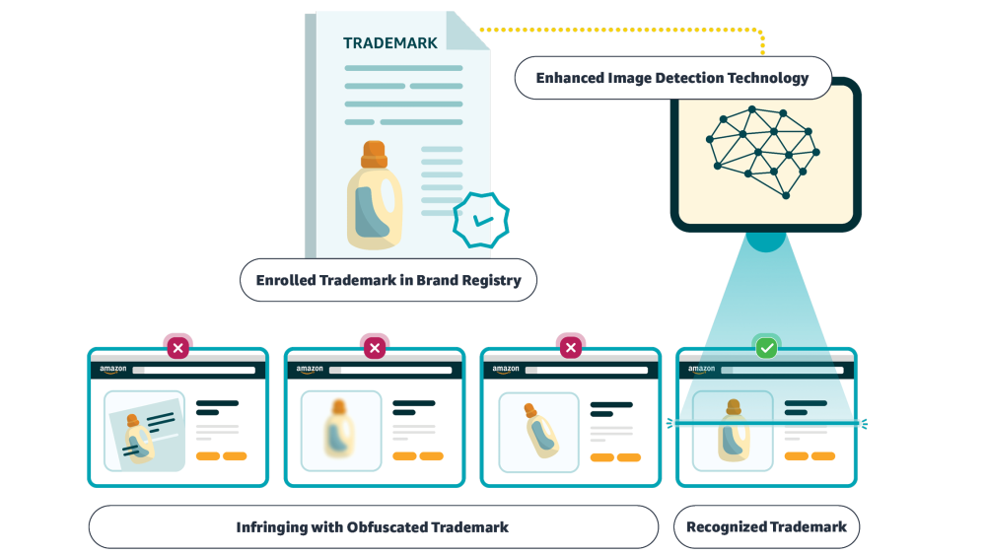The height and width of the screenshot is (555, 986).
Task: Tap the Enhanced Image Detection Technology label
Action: click(672, 78)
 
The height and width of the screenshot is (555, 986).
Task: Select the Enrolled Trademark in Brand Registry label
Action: click(388, 280)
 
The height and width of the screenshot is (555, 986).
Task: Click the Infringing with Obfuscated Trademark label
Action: click(373, 527)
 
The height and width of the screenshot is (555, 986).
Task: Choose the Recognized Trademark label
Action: click(766, 527)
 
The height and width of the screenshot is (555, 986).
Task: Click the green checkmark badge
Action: click(766, 347)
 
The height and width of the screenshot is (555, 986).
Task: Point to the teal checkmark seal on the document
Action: click(480, 221)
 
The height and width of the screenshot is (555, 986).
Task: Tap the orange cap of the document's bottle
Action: click(374, 155)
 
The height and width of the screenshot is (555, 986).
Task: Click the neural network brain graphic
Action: click(762, 151)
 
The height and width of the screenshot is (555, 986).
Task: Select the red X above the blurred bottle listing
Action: click(374, 347)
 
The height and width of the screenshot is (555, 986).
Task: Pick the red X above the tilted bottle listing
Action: click(570, 347)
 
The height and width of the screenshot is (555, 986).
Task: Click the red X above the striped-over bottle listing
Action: click(177, 347)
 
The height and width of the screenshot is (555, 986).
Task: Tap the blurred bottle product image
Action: click(340, 431)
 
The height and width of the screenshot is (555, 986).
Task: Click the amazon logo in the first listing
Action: click(113, 370)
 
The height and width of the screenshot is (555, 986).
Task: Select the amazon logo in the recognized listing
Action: click(702, 370)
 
